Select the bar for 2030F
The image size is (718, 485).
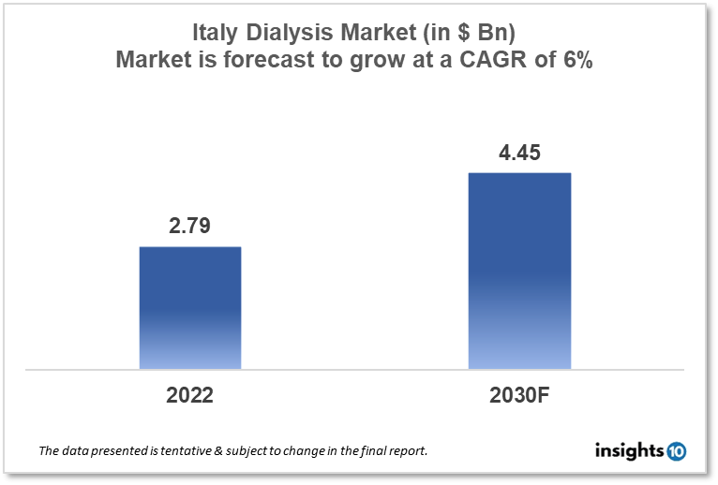(519, 271)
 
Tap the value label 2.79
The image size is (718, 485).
(190, 227)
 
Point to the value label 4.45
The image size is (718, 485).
(519, 152)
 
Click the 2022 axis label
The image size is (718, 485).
(190, 395)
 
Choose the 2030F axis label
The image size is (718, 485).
(519, 395)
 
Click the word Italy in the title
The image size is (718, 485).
(212, 33)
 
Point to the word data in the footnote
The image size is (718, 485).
(78, 451)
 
